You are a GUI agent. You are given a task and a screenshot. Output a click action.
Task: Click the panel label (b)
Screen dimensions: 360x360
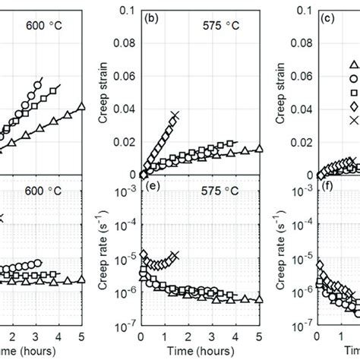point(150,14)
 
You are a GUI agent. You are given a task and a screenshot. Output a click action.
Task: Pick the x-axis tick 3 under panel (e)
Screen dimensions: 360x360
point(212,336)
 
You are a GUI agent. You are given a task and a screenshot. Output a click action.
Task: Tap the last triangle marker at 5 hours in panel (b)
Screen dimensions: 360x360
point(259,150)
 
